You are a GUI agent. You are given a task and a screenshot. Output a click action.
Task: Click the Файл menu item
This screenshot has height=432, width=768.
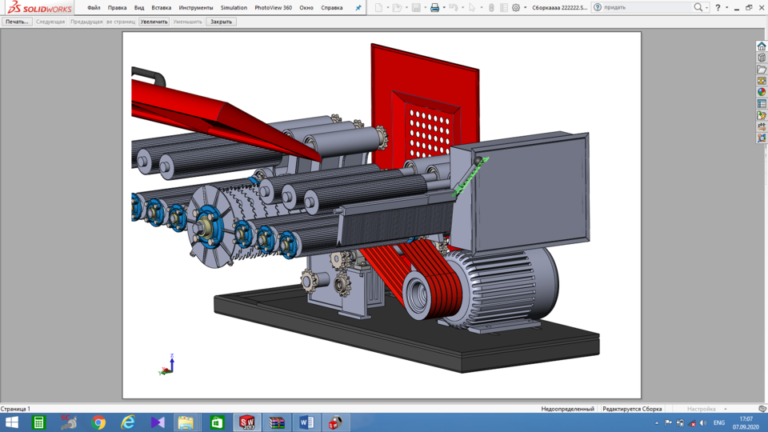94,8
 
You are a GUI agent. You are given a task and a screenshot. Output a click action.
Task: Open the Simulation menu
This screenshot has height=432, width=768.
234,8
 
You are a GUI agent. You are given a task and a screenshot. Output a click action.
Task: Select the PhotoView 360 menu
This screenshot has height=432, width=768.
273,8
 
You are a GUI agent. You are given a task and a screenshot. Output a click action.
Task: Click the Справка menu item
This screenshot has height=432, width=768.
331,8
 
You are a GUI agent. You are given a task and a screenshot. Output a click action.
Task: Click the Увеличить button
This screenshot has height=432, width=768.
154,22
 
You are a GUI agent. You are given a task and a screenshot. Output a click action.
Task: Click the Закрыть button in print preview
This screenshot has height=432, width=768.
221,22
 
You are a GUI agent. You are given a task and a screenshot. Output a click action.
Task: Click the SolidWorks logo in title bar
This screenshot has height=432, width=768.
40,8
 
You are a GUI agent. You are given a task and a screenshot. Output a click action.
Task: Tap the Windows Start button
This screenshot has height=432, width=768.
12,422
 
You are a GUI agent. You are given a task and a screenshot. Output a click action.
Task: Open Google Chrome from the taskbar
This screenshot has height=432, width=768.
98,422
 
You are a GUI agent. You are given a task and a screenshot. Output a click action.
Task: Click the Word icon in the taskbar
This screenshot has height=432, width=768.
306,422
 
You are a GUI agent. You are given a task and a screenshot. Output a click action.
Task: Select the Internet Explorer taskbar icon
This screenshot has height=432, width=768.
128,422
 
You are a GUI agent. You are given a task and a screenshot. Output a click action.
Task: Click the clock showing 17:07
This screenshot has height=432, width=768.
746,422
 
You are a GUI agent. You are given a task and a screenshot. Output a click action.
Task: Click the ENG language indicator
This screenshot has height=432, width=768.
719,422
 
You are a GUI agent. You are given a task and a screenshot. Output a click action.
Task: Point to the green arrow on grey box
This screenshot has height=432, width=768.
470,176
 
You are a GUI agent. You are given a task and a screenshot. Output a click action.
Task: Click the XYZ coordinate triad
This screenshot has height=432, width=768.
168,366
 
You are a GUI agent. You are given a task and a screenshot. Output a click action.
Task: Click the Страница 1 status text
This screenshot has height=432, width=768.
16,409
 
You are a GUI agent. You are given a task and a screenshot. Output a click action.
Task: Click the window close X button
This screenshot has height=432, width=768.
761,7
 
